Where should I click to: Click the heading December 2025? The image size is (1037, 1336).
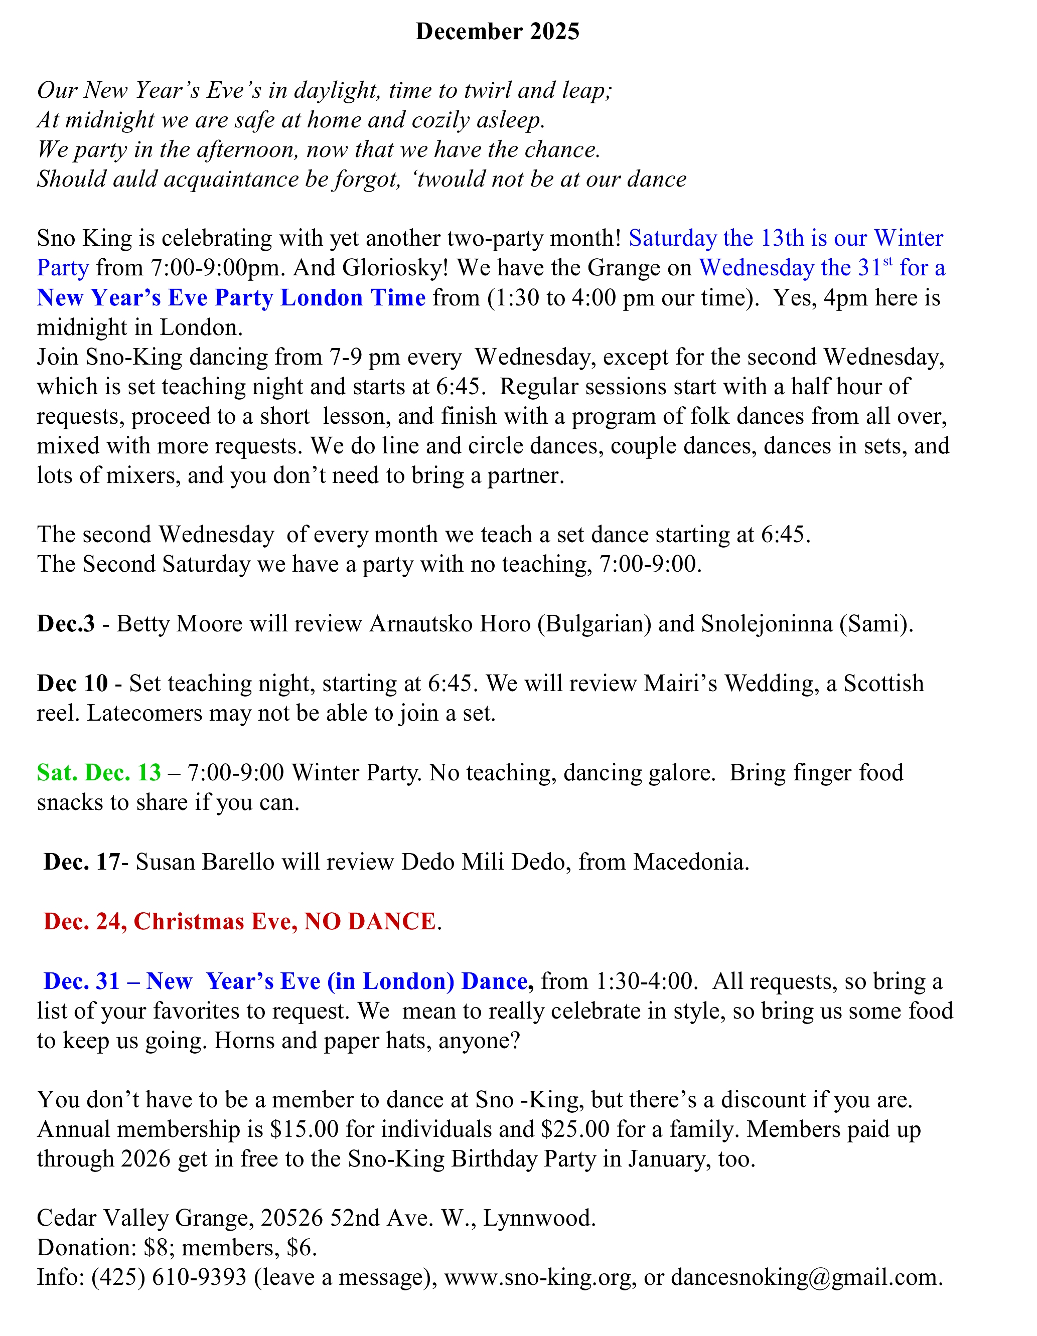[x=497, y=32]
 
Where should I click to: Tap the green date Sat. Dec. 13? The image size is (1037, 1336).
[x=99, y=773]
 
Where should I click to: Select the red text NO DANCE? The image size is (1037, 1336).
[x=370, y=921]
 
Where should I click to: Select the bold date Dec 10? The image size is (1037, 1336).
[x=72, y=683]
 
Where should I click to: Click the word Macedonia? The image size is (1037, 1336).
[x=691, y=862]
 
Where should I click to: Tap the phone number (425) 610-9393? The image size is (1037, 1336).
[x=169, y=1277]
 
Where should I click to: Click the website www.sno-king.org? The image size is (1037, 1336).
[x=538, y=1277]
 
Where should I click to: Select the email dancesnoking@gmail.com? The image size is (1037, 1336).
[x=806, y=1277]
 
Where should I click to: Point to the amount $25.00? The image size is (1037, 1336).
[x=575, y=1129]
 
